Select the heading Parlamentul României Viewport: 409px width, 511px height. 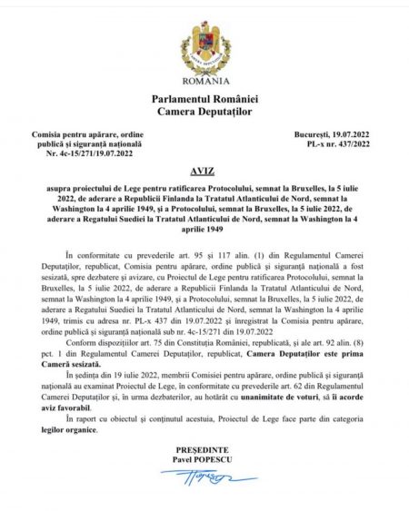[x=204, y=99]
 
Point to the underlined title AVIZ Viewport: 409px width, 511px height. [x=204, y=169]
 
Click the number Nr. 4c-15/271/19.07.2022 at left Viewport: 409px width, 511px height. [x=83, y=153]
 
